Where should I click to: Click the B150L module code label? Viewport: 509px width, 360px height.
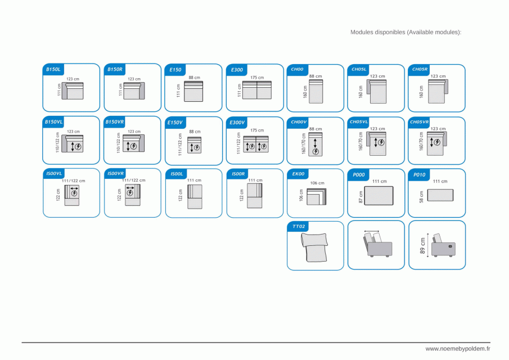(53, 69)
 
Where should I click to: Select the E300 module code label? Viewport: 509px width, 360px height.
(237, 70)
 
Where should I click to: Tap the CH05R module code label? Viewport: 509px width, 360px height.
(420, 69)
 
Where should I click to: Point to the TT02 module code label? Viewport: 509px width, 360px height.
(298, 226)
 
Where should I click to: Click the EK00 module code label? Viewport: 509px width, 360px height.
(298, 174)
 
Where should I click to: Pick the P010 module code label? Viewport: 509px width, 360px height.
(420, 175)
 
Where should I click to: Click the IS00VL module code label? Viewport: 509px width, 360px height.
(54, 173)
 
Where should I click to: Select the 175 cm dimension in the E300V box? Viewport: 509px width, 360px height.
(256, 130)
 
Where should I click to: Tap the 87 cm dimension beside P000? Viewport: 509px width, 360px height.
(360, 197)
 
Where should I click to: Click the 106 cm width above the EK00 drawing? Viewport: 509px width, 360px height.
(317, 183)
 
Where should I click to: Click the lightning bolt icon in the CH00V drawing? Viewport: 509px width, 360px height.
(316, 151)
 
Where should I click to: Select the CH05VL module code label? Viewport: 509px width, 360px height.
(359, 121)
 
